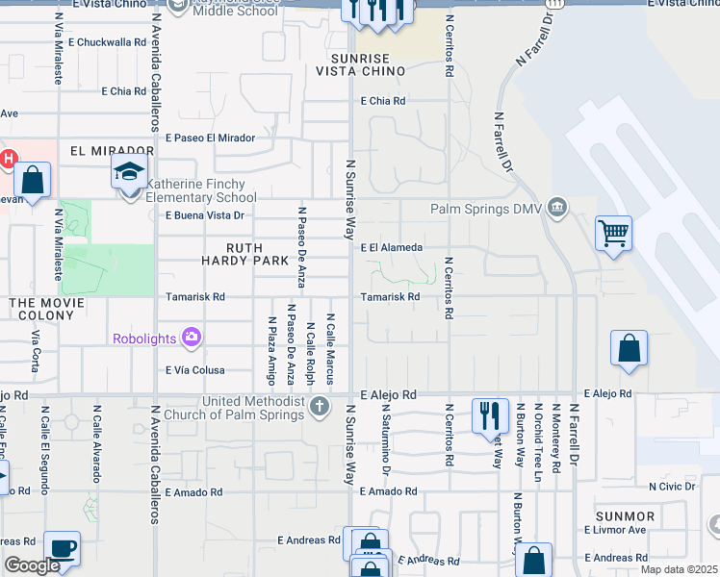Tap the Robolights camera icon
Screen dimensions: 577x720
(193, 337)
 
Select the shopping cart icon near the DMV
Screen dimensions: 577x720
(613, 233)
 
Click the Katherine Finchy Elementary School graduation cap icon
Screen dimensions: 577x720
(129, 174)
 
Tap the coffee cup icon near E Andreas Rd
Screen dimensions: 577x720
(63, 547)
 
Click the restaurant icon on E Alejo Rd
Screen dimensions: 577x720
(489, 414)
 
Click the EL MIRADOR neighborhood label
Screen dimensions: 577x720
(112, 151)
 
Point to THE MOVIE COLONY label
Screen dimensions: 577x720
(48, 303)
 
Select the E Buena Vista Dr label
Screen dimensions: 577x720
(205, 215)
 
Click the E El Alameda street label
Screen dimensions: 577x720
(392, 247)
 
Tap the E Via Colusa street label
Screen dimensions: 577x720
(195, 370)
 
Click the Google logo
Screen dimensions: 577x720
(31, 565)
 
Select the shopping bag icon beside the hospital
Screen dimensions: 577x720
(32, 180)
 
